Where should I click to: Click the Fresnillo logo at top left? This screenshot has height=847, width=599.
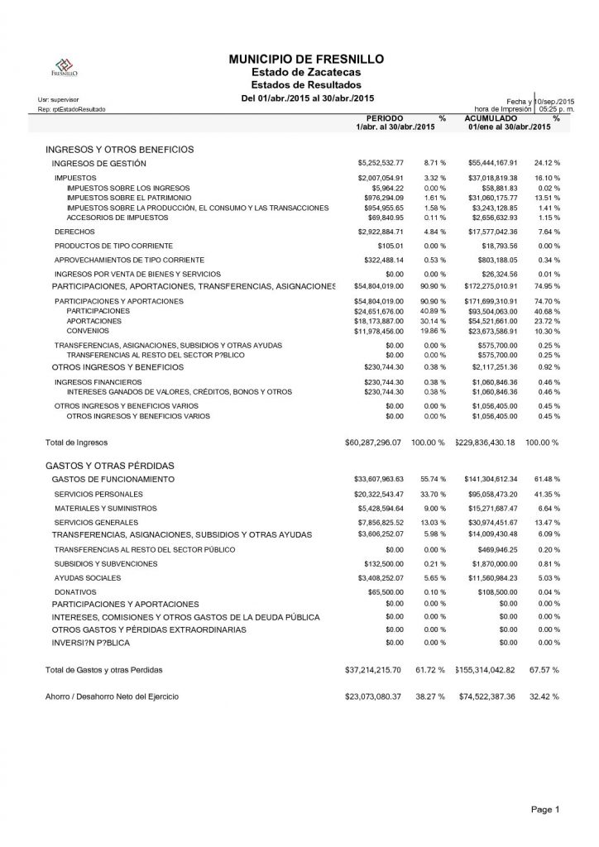point(65,68)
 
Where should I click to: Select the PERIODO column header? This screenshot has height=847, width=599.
point(385,119)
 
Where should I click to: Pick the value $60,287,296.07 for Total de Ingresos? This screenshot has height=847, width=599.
point(373,443)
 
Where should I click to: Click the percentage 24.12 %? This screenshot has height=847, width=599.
point(546,163)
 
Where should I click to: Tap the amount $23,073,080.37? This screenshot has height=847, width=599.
point(373,696)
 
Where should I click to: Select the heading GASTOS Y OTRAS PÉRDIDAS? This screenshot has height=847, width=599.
point(109,466)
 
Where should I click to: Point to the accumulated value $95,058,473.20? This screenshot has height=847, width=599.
point(493,494)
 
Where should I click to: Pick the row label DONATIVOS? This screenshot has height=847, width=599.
point(75,592)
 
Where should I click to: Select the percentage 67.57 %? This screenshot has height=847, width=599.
point(544,668)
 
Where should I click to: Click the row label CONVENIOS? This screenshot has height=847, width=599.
point(84,331)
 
